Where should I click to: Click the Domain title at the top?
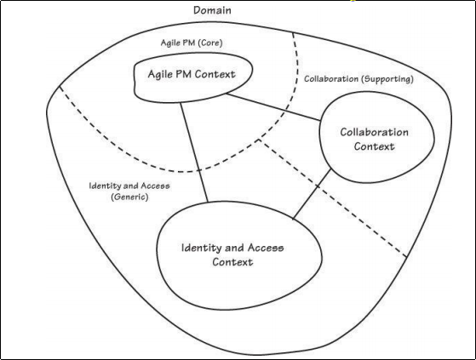point(212,10)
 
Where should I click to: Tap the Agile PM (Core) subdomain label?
point(192,43)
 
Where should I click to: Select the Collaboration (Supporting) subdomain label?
point(358,79)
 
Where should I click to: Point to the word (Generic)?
point(129,197)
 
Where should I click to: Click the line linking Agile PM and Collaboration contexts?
point(273,107)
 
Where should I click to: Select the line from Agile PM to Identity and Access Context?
point(194,152)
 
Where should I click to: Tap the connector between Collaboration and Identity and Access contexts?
point(312,194)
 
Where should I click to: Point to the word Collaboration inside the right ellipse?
point(375,132)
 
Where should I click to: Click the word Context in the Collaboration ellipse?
point(375,146)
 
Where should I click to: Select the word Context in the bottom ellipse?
point(232,262)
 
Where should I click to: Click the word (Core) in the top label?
point(210,43)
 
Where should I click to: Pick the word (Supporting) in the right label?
point(387,79)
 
